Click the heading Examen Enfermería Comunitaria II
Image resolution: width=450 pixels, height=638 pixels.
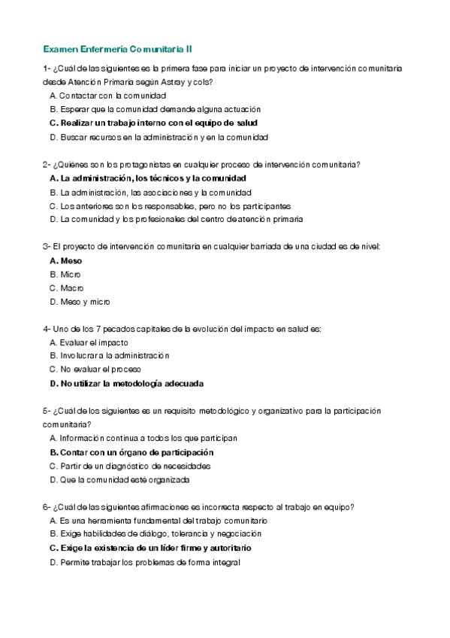click(117, 48)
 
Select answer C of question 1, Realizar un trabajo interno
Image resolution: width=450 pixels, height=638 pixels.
click(153, 123)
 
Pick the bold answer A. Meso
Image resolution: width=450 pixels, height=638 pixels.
click(66, 260)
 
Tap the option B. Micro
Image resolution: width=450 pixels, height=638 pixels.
click(65, 274)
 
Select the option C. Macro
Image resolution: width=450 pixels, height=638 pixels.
click(67, 287)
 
